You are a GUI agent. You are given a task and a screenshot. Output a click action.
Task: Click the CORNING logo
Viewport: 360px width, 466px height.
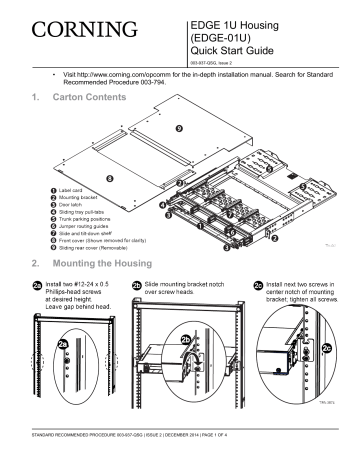83,26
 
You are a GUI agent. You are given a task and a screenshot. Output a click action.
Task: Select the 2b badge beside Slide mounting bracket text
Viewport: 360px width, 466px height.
136,286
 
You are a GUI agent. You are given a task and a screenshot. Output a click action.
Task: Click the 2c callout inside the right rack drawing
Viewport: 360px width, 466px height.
327,347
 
